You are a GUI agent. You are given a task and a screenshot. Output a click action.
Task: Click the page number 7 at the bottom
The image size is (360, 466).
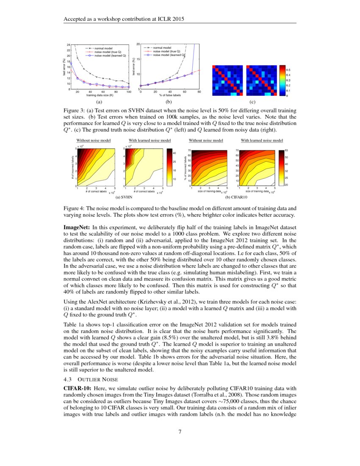point(180,432)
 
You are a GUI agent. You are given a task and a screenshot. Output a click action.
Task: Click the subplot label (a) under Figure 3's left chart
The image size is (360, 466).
point(99,102)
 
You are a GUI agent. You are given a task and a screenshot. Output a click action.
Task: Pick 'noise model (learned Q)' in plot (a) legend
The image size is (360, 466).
point(110,55)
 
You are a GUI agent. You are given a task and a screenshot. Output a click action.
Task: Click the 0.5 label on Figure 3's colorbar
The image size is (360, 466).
point(289,69)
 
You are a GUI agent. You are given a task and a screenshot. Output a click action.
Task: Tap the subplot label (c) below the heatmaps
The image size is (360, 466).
point(253,102)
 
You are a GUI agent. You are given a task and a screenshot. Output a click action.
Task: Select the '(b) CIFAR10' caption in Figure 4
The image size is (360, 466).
point(234,198)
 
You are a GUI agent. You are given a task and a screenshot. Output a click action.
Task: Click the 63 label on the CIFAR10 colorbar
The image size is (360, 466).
point(286,150)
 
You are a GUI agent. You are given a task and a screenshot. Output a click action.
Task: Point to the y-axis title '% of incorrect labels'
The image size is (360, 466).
point(186,167)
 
